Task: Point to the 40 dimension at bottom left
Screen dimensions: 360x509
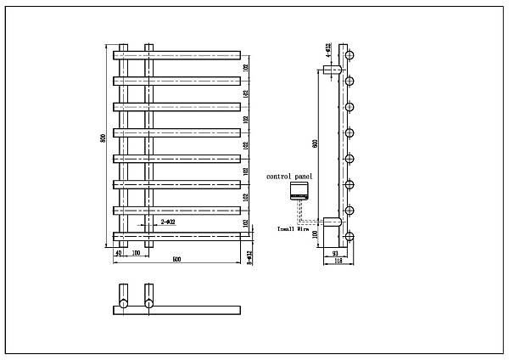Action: (x=118, y=252)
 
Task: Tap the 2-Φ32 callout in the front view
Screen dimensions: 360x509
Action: (x=168, y=222)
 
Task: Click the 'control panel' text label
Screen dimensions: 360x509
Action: (x=289, y=176)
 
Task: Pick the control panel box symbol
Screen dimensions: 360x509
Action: (x=299, y=190)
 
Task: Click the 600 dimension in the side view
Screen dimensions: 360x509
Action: (x=316, y=144)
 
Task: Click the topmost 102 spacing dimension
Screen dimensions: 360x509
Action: (x=246, y=68)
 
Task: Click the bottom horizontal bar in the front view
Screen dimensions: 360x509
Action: (x=178, y=236)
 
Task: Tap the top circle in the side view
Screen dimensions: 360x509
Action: (x=348, y=55)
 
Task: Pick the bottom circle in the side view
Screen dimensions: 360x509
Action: (x=348, y=235)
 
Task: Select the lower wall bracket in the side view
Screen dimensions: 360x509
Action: (x=332, y=224)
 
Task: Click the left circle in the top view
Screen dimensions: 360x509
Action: (x=124, y=302)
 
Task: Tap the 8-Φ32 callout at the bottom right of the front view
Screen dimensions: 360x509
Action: (x=249, y=257)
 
